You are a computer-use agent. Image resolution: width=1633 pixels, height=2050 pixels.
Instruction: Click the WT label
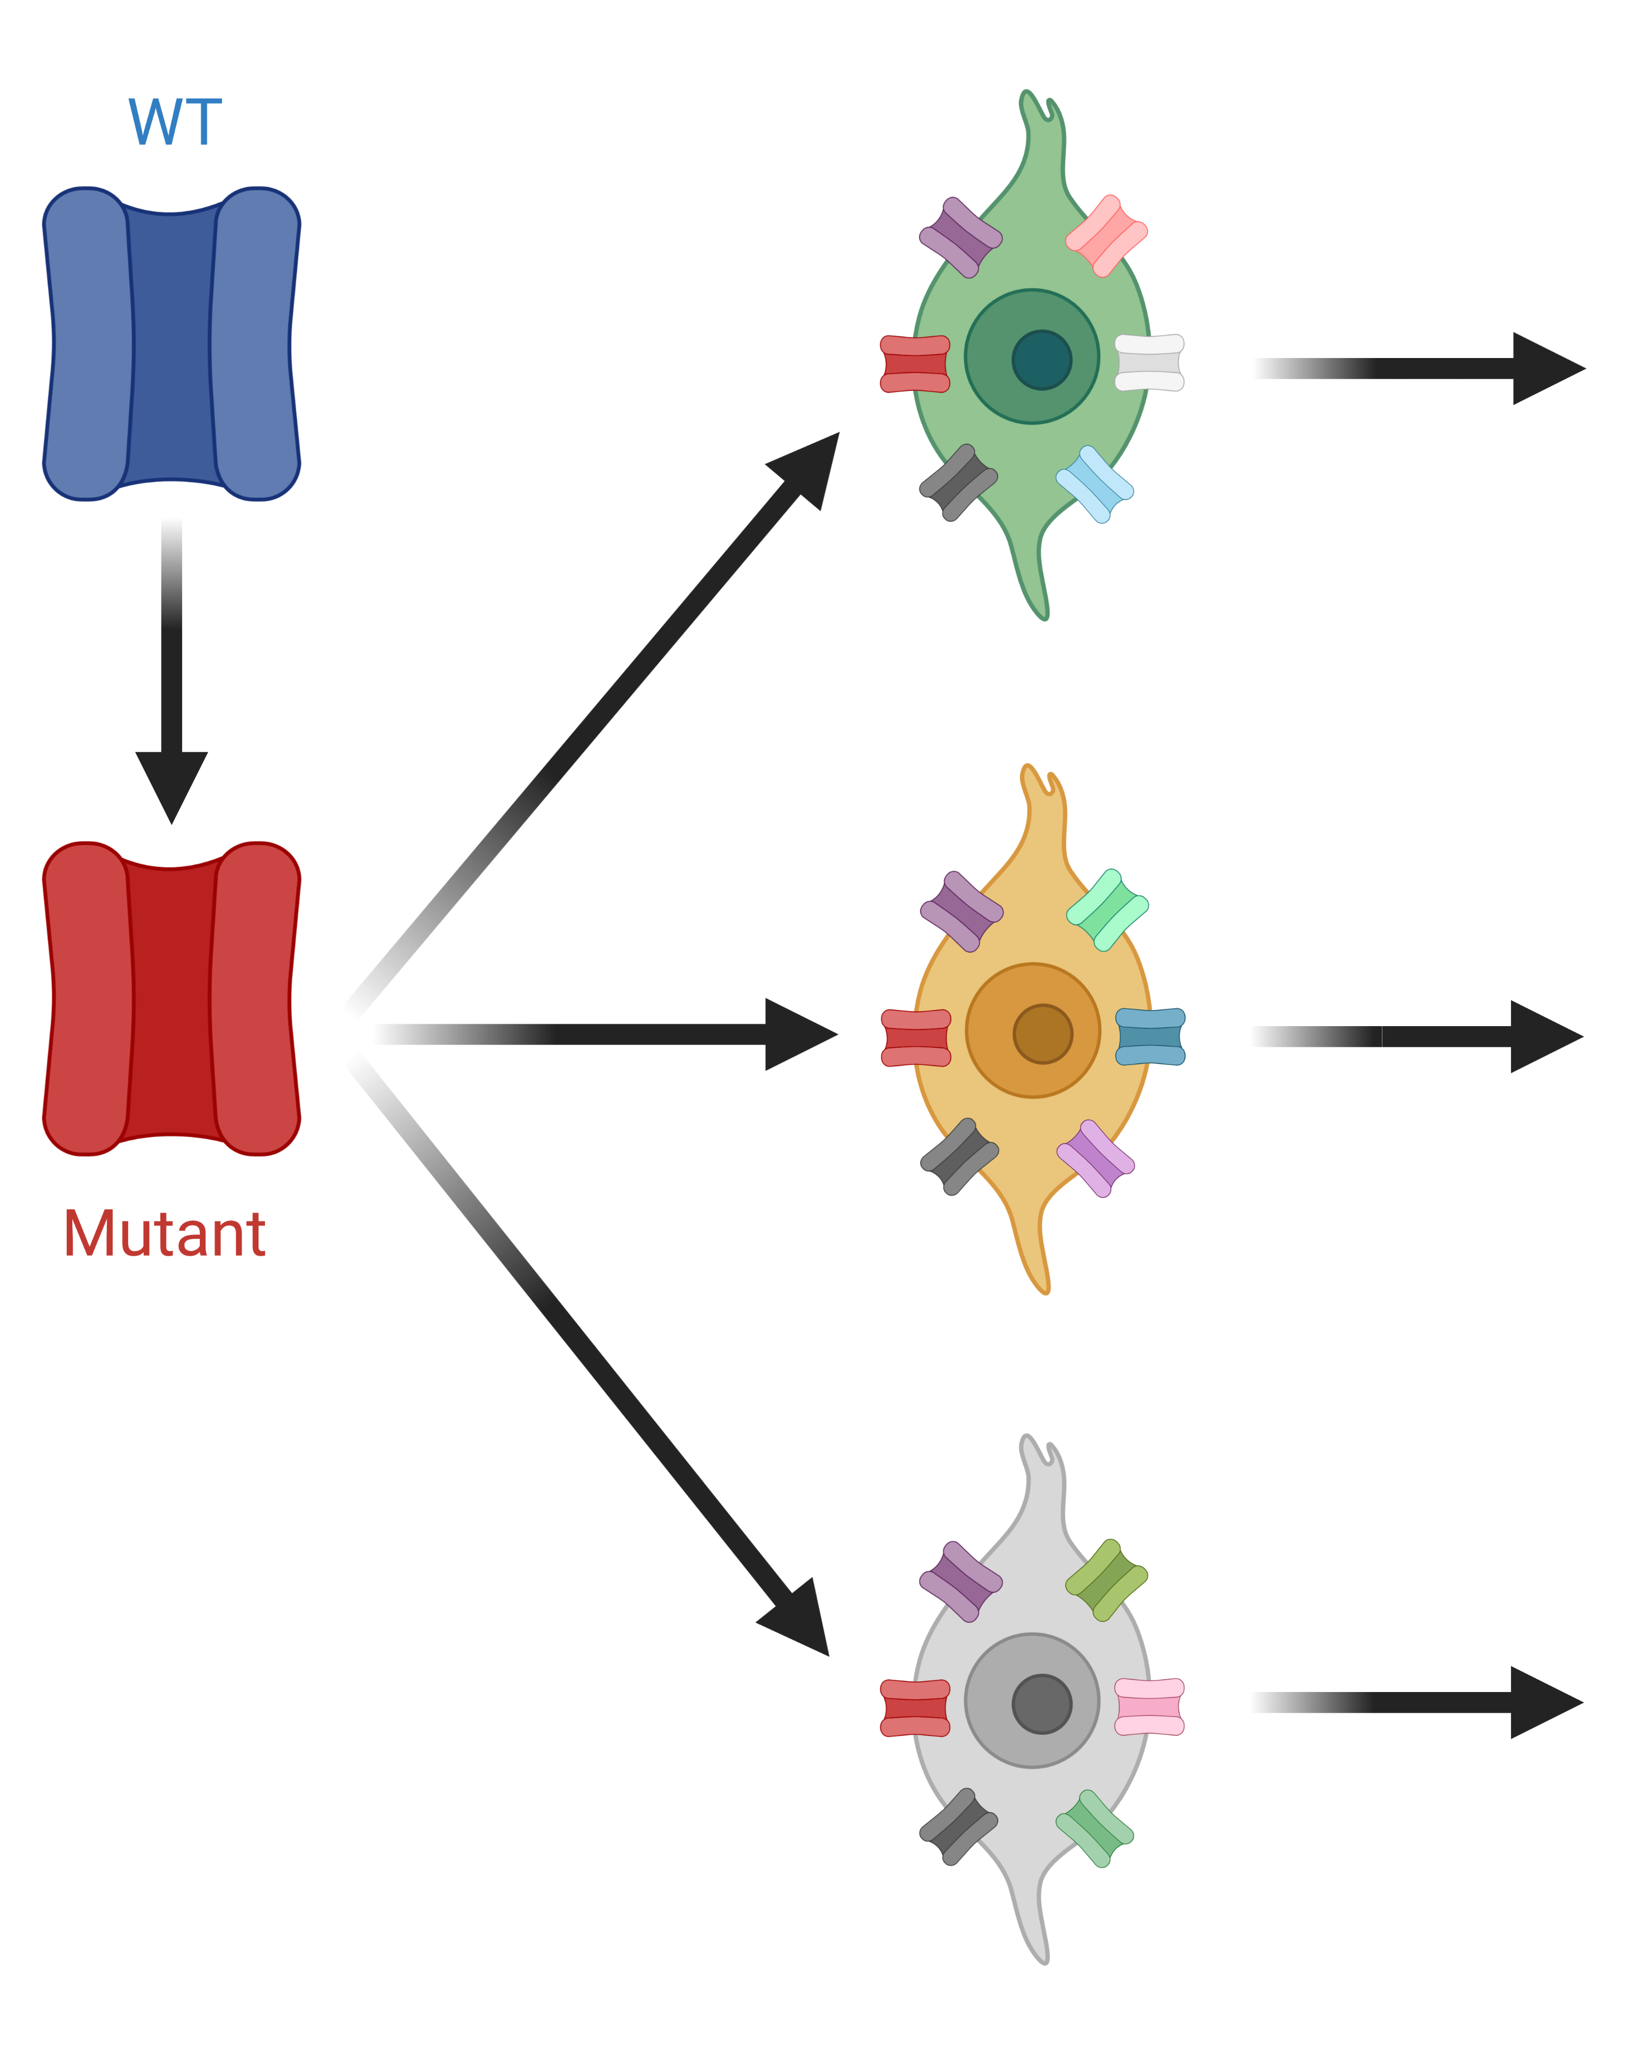(175, 122)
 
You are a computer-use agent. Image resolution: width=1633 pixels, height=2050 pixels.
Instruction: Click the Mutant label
(165, 1234)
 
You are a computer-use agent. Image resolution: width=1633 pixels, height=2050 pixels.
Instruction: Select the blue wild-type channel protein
(171, 344)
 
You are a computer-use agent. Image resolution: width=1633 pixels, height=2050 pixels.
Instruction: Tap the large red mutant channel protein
(171, 998)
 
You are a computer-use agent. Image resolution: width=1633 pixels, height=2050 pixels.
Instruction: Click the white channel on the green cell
(1149, 362)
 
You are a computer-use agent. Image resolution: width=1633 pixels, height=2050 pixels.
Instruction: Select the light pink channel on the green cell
(1106, 236)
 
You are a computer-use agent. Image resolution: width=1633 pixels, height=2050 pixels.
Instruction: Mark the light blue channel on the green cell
(1095, 484)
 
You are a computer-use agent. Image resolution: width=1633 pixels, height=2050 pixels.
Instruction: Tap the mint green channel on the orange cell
(1107, 910)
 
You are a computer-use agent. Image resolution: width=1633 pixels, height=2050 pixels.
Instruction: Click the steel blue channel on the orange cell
(1150, 1036)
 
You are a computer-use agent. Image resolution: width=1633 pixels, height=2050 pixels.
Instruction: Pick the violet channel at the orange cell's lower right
(1096, 1158)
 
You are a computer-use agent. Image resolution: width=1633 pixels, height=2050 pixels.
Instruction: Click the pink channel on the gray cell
(1149, 1706)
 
